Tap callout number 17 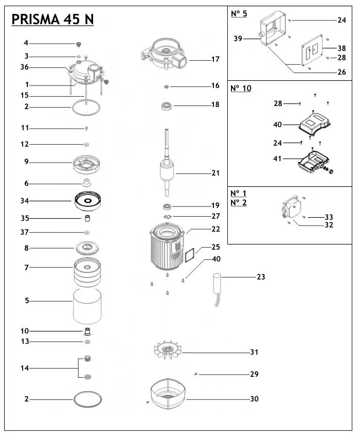coord(215,60)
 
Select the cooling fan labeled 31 coord(169,352)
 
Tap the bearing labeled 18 coord(167,107)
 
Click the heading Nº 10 coord(241,88)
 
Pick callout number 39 coord(238,39)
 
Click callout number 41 coord(277,159)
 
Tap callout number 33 coord(329,217)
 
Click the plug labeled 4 coord(79,44)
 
